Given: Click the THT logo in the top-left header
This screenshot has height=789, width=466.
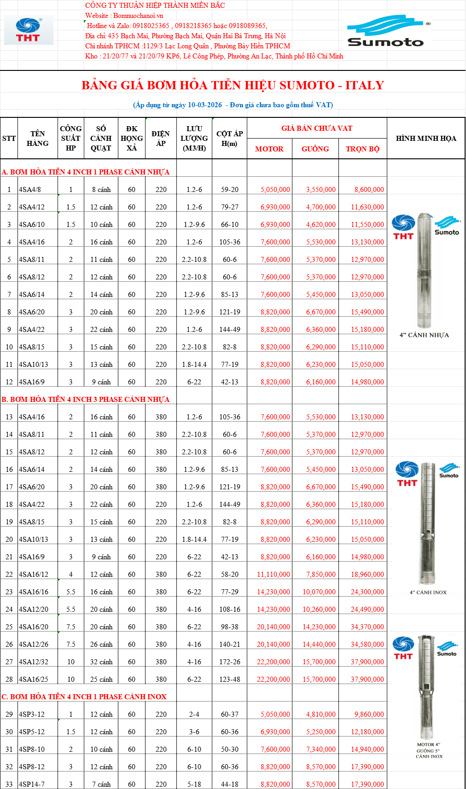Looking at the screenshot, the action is coord(29,30).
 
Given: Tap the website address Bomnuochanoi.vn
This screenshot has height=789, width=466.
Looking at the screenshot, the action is coord(139,16).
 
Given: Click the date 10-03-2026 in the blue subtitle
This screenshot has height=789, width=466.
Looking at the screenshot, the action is coord(204,105).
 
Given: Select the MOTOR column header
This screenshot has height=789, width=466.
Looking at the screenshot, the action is coord(269,149).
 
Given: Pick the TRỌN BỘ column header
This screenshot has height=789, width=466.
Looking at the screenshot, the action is coord(363,149).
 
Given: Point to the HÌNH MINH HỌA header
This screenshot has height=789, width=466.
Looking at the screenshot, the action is coord(426,139).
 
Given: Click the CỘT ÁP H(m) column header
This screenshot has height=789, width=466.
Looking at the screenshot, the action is coord(230,139).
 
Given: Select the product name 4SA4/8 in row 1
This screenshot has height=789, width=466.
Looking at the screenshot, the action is coord(30,190).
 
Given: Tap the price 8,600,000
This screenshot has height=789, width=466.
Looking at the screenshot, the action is coord(369,190).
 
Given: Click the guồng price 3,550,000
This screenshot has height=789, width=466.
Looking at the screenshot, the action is coord(321,190).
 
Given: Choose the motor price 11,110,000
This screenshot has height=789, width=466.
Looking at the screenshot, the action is coord(274,574).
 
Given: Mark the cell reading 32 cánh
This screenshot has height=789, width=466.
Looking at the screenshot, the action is coord(101,662).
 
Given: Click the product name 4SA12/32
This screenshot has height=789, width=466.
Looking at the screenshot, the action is coord(34,662).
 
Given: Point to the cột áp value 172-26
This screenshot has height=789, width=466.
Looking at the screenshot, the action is coord(230,662).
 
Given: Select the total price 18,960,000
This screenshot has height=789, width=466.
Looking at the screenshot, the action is coord(367,574).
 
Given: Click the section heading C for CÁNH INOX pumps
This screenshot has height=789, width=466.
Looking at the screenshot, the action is coord(84,697).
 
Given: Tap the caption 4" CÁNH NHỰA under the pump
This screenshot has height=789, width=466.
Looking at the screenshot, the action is coord(424,335).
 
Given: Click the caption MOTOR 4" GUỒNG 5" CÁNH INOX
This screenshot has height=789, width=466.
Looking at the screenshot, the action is coord(429,750).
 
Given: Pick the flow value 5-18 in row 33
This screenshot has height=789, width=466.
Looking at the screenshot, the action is coord(194,784).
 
